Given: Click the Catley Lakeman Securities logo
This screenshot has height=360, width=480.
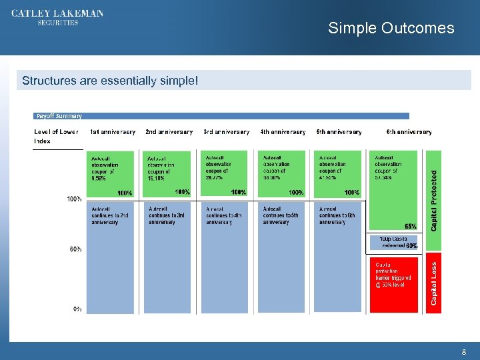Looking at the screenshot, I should tap(57, 18).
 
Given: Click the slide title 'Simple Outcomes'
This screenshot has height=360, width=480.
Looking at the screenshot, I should tap(391, 28).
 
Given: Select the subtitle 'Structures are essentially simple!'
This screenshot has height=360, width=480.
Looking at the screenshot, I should tap(110, 81).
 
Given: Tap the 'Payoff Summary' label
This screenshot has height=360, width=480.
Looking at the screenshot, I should tap(59, 115).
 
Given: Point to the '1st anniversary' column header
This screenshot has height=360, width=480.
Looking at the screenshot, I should tap(112, 132).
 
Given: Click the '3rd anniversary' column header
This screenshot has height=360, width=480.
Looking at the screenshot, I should tap(226, 132).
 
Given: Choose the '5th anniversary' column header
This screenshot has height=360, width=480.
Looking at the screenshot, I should tap(339, 132).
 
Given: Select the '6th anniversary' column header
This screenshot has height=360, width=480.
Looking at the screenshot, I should tap(409, 132).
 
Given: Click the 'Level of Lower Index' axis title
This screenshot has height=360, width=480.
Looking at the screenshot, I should tap(56, 136).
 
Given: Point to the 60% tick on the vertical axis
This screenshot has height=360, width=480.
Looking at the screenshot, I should tap(76, 249).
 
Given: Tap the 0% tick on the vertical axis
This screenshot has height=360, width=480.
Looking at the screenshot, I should tap(78, 309).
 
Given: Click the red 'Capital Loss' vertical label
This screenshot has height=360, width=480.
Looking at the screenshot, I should tap(434, 283).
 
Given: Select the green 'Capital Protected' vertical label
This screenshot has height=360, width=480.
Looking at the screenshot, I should tap(434, 200).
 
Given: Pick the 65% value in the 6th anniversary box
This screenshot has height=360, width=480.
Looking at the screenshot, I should tap(410, 227).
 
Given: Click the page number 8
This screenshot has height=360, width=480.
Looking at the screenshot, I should tap(463, 351).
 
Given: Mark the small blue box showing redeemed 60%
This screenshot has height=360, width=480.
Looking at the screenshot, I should tap(394, 242).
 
